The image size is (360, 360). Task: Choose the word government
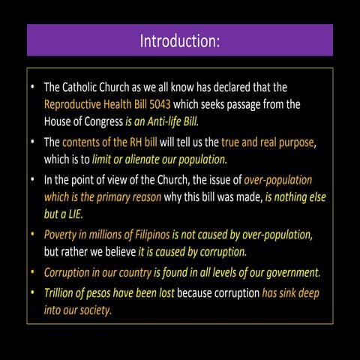[x=289, y=271]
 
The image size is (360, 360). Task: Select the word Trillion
[x=62, y=292]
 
